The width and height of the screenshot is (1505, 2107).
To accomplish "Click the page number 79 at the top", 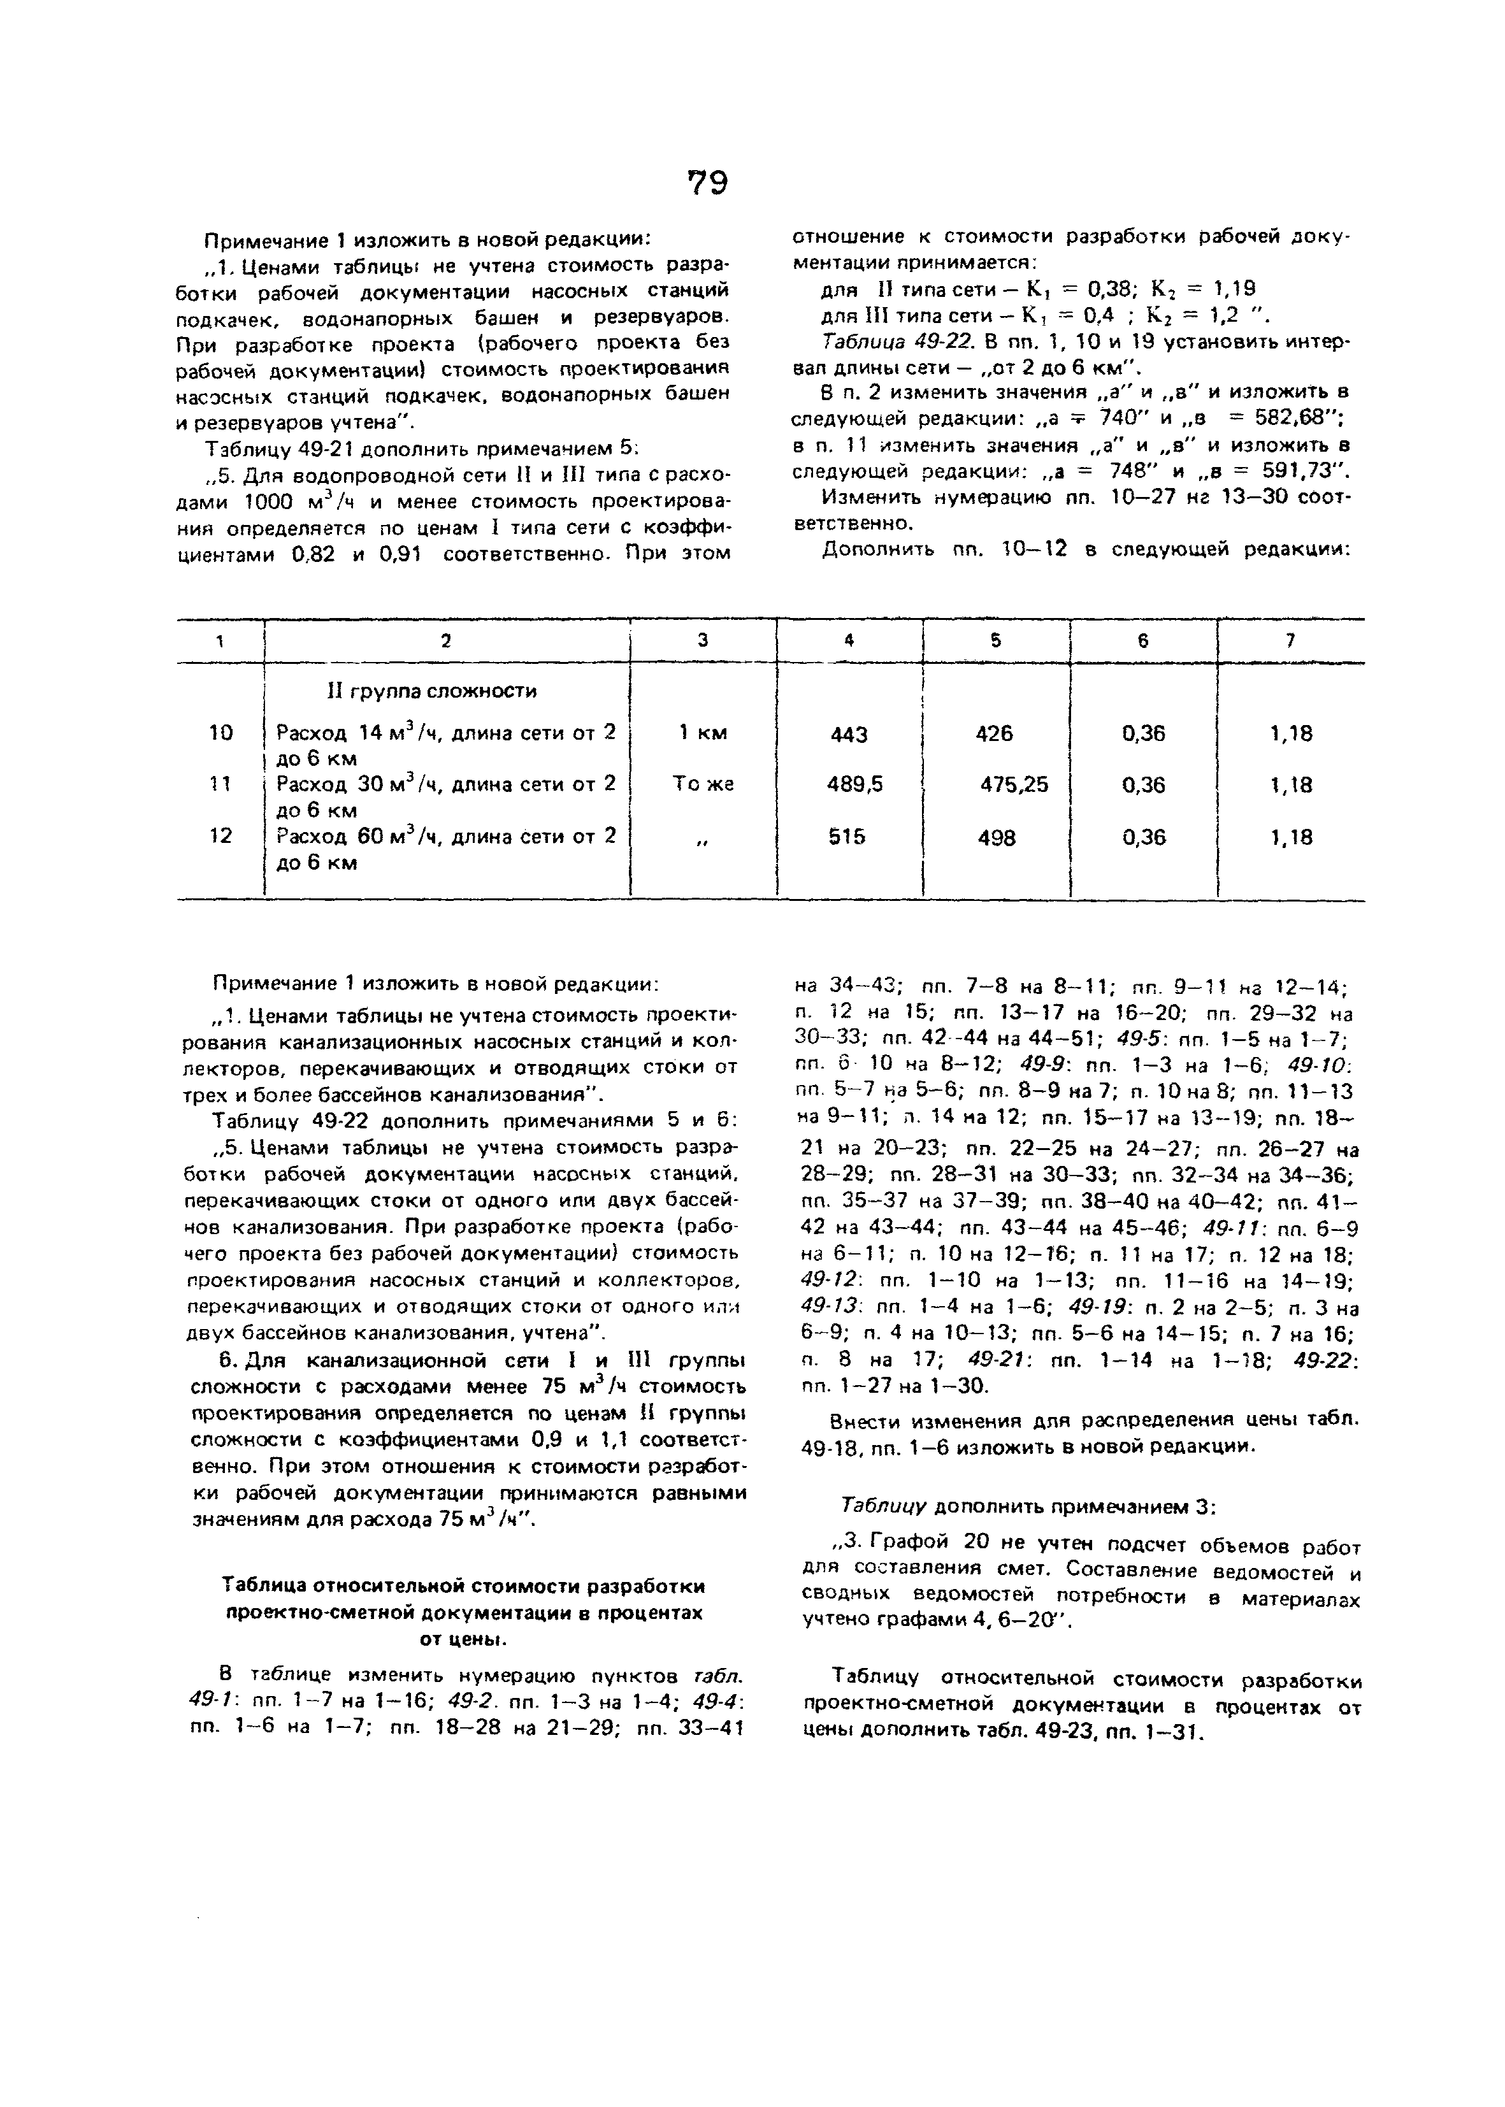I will click(x=707, y=182).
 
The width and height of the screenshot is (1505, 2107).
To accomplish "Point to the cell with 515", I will click(x=846, y=837).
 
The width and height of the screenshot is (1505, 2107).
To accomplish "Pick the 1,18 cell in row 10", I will click(x=1291, y=734).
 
